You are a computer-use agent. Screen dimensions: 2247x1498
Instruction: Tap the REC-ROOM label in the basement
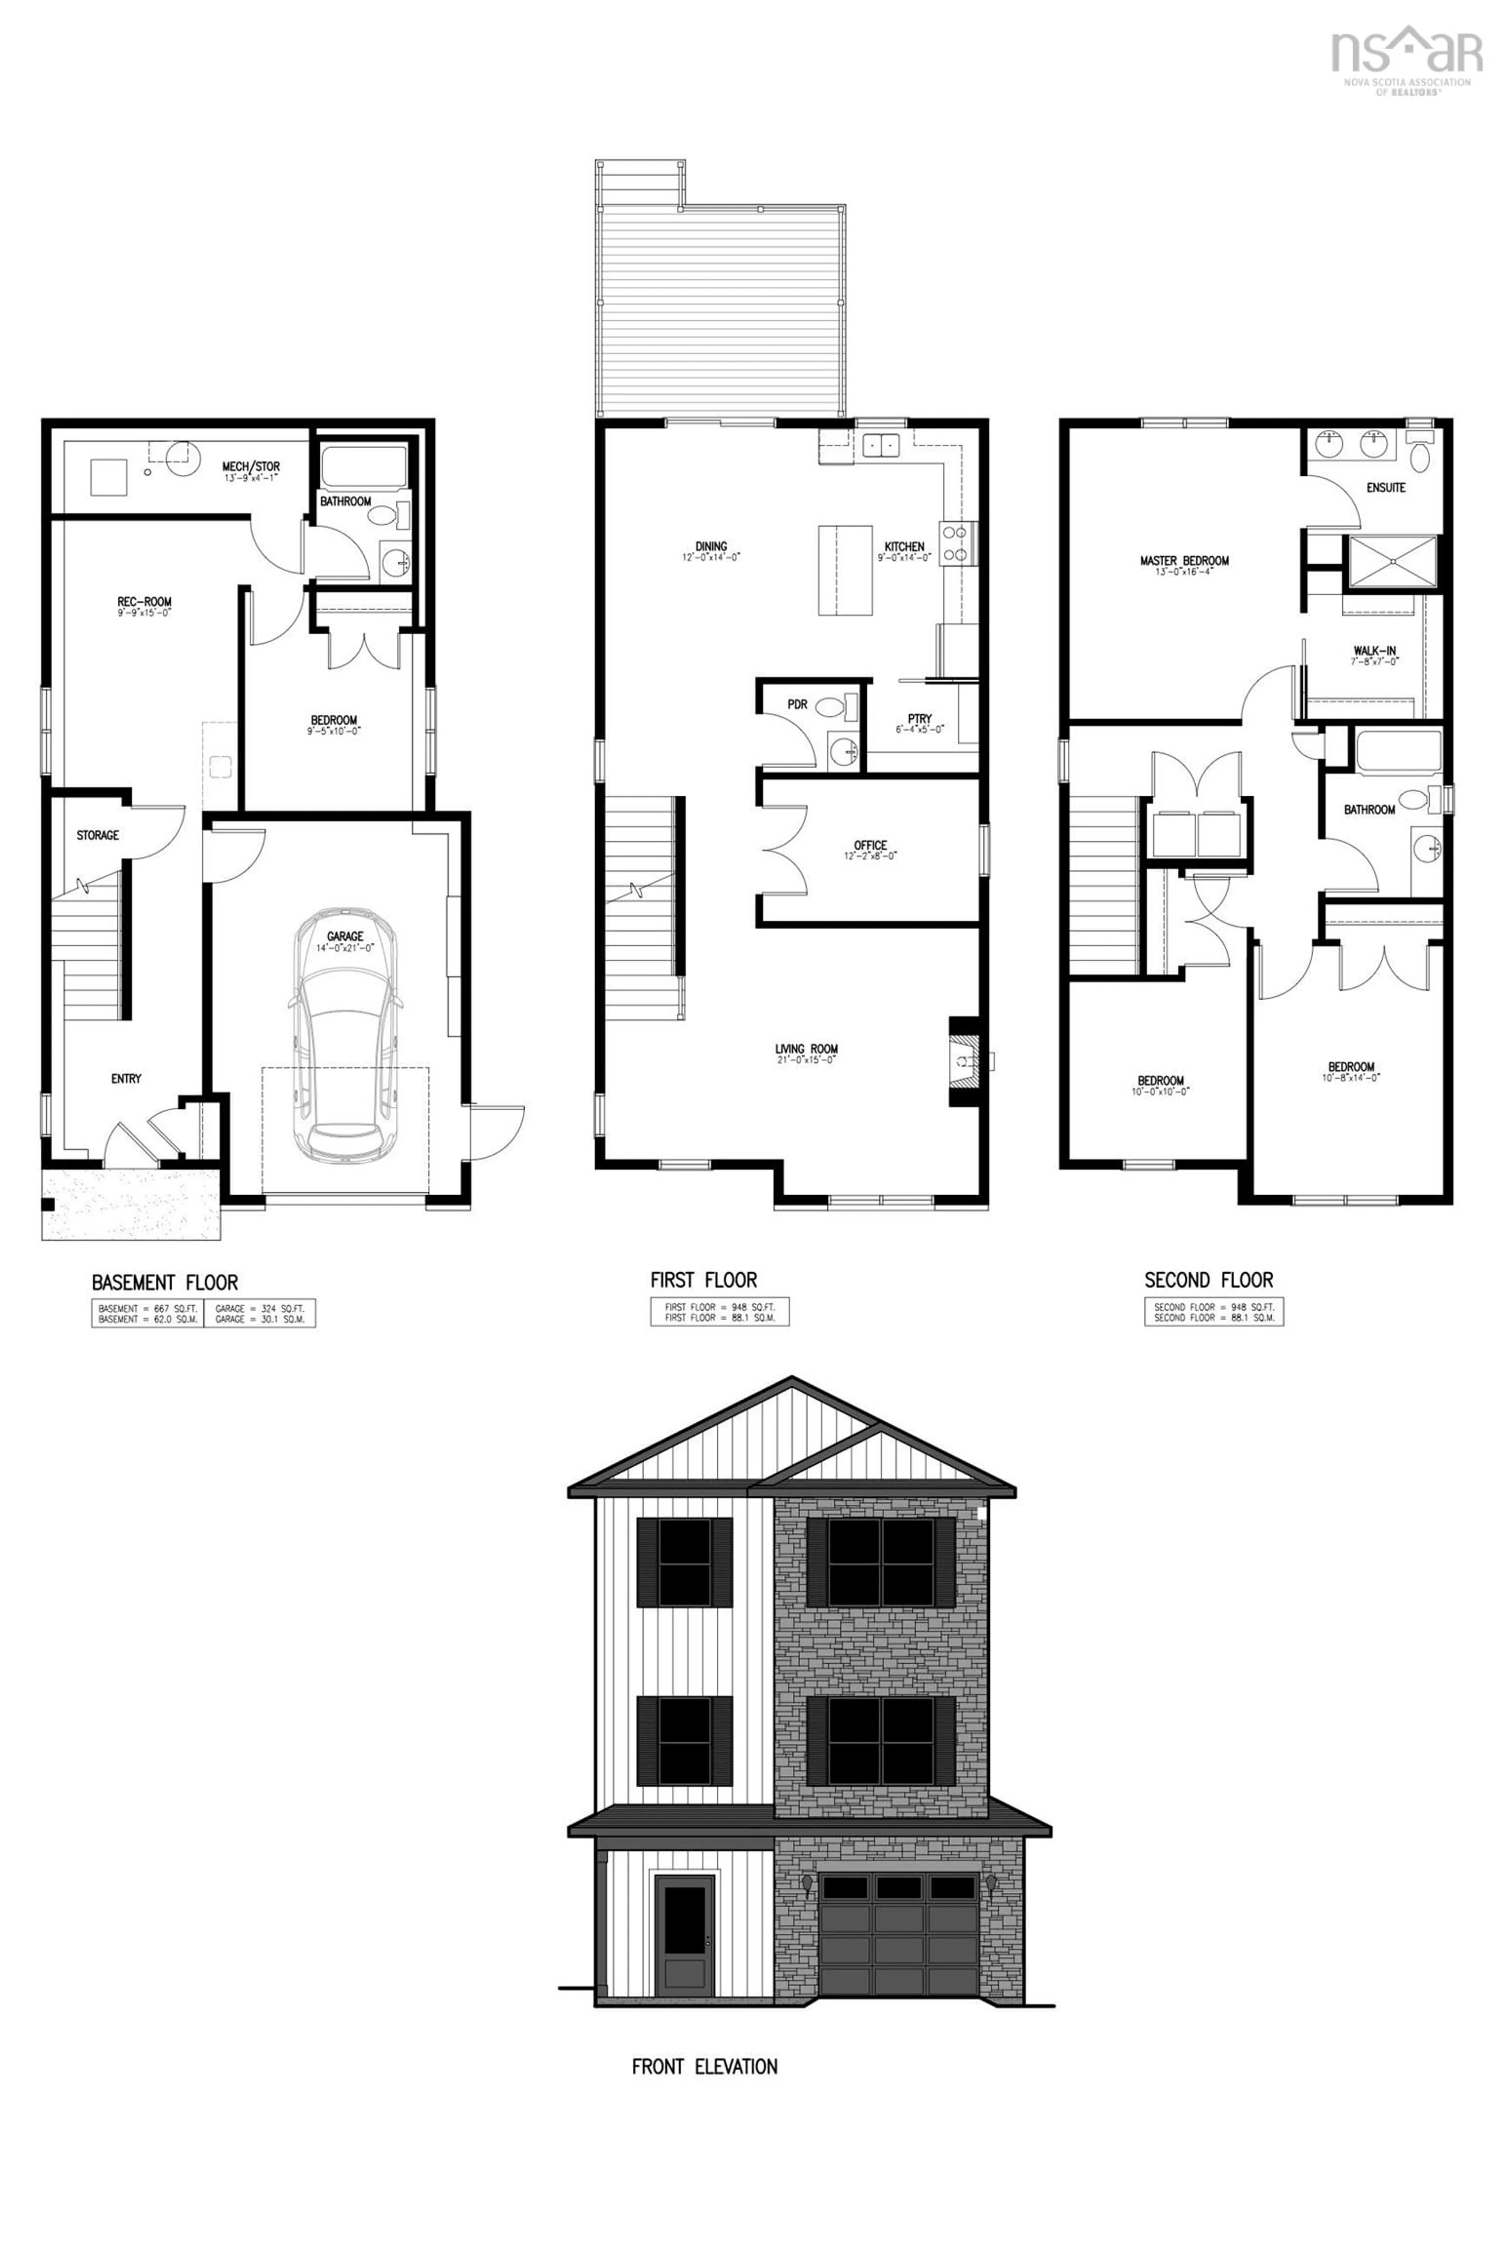(144, 602)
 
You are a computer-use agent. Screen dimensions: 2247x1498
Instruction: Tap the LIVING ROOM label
(806, 1050)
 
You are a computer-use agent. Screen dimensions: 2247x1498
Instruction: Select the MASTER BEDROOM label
(1184, 561)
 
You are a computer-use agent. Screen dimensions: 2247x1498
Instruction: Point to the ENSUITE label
(1385, 487)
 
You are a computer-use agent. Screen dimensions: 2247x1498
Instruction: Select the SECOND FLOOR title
(1209, 1279)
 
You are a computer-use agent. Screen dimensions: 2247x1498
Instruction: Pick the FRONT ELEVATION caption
(704, 2066)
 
